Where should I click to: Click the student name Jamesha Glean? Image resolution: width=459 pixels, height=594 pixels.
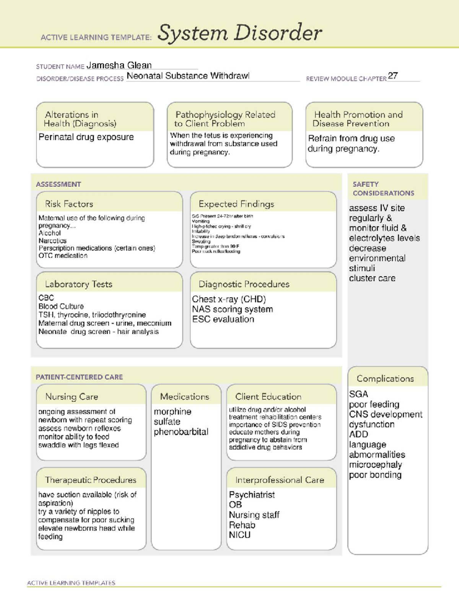[119, 65]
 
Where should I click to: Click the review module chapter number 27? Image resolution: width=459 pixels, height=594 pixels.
[392, 76]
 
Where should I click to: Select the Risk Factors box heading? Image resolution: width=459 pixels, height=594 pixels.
[69, 204]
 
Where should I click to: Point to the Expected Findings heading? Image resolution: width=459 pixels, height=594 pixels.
[236, 204]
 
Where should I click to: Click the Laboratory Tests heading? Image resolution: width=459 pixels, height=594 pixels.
[78, 284]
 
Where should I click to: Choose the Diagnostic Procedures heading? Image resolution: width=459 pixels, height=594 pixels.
[244, 284]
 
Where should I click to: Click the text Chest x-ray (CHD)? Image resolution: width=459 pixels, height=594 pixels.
[229, 299]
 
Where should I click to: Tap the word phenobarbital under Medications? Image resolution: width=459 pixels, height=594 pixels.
[181, 432]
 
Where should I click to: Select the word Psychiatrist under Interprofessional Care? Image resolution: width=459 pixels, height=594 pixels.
[252, 495]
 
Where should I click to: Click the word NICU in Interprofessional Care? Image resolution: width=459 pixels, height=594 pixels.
[239, 535]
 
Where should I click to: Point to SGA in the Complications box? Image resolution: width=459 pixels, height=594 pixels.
[358, 394]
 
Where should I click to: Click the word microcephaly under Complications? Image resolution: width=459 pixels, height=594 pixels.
[375, 465]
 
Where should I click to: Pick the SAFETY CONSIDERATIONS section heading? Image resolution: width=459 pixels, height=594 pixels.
[383, 189]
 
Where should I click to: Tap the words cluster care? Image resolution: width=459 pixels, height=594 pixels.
[372, 278]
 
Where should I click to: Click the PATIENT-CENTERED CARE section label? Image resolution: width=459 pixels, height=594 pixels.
[79, 377]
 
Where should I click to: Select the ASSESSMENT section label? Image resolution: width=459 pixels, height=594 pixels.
[58, 184]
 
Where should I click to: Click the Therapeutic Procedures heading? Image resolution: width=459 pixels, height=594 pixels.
[90, 480]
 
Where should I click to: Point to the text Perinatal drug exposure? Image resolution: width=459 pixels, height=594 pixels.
[86, 137]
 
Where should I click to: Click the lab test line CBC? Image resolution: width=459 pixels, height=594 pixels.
[46, 298]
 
